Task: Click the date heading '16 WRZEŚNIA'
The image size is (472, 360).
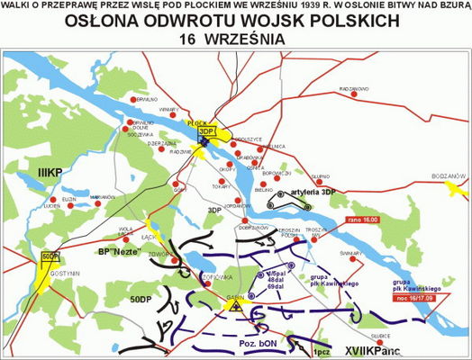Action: (x=236, y=40)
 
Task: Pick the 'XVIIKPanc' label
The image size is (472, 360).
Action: (x=373, y=346)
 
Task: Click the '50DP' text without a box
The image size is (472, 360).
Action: (x=140, y=297)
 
